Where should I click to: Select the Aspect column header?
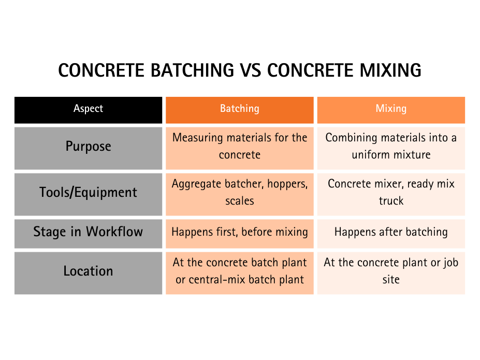tap(88, 109)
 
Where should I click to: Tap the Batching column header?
tap(240, 109)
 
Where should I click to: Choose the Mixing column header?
tap(391, 109)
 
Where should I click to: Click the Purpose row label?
tap(88, 146)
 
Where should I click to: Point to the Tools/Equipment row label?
tap(88, 193)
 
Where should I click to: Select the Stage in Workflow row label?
tap(88, 232)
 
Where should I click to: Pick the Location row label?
tap(88, 271)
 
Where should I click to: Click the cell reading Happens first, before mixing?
tap(240, 232)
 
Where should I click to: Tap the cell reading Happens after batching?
tap(391, 232)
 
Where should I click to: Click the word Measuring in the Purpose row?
tap(198, 138)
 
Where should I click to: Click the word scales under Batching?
tap(240, 201)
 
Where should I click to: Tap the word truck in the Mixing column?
tap(391, 201)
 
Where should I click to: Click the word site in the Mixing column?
tap(391, 280)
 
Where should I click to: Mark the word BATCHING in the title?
tap(193, 70)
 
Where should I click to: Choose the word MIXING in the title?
tap(390, 70)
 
